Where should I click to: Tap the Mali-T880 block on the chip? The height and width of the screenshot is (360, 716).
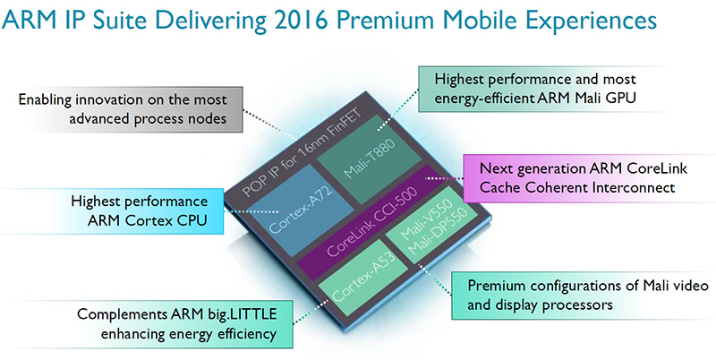369,159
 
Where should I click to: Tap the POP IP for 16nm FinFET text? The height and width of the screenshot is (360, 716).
303,153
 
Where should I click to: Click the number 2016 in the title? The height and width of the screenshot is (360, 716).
303,21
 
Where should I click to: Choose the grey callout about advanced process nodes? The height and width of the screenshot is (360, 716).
129,109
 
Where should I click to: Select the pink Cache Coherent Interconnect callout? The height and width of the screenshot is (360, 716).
589,177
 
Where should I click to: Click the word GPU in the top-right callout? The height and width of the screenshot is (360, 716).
621,99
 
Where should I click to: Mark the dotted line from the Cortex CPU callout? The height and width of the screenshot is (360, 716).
251,211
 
